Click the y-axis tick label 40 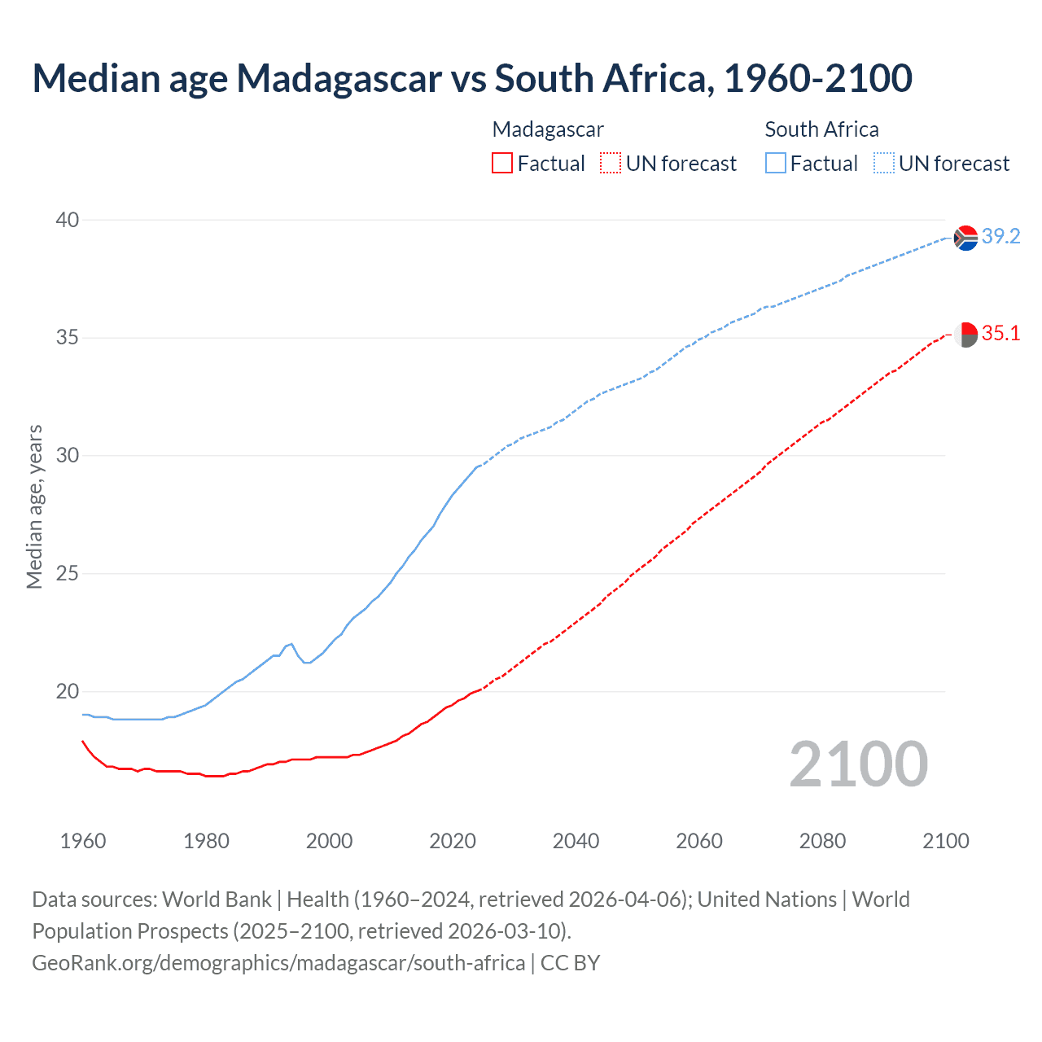[x=68, y=220]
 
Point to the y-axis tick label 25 [x=68, y=573]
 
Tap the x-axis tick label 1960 [x=83, y=841]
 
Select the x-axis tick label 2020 [x=453, y=841]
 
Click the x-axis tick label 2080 [x=822, y=841]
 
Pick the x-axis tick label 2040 [x=576, y=841]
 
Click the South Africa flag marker [x=965, y=238]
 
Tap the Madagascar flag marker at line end [x=965, y=334]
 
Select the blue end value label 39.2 [x=1000, y=236]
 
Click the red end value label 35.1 [x=1000, y=333]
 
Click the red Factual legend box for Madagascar [x=502, y=164]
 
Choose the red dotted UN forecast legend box [x=611, y=164]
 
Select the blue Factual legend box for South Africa [x=776, y=164]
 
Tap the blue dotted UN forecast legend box [x=883, y=164]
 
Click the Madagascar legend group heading [x=548, y=129]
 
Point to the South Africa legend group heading [x=821, y=129]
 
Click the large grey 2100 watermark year [x=858, y=764]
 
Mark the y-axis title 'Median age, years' [x=34, y=506]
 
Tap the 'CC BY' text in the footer [x=570, y=962]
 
